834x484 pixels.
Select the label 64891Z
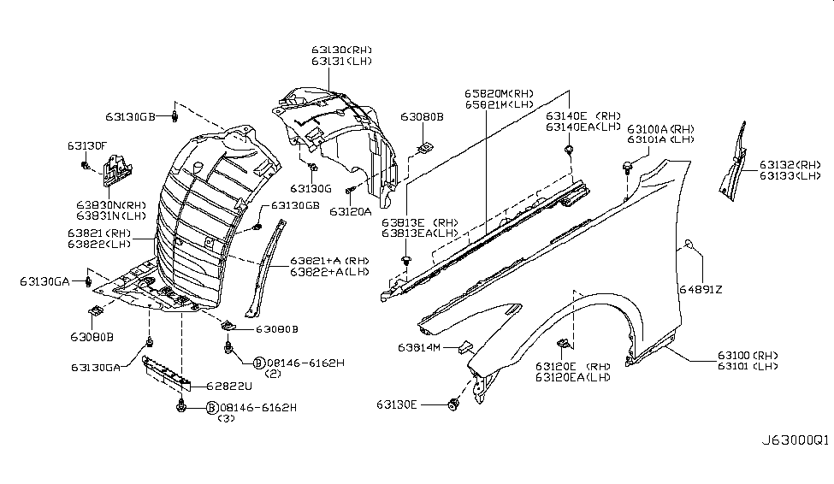pos(701,290)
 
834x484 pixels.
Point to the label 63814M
pos(418,348)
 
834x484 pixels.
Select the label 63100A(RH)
pos(660,127)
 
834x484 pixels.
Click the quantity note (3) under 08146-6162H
pos(227,419)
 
